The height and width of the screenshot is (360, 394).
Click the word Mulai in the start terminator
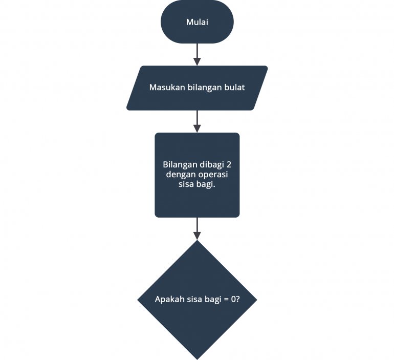pyautogui.click(x=197, y=23)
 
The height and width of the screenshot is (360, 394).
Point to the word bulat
pyautogui.click(x=234, y=88)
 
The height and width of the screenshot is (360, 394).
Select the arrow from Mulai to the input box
pyautogui.click(x=197, y=54)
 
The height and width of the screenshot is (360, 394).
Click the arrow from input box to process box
pyautogui.click(x=197, y=121)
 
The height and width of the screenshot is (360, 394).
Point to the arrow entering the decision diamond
pyautogui.click(x=197, y=228)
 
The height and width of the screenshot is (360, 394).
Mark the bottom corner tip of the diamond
pyautogui.click(x=197, y=358)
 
